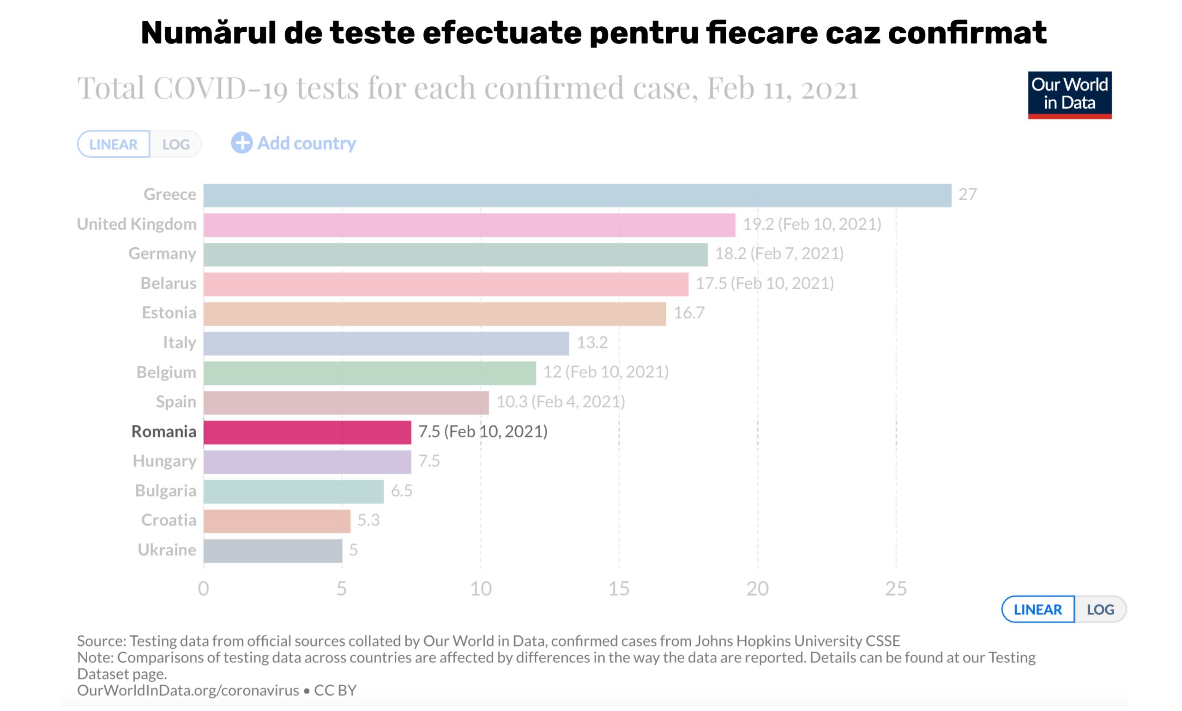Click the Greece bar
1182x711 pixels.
click(x=577, y=196)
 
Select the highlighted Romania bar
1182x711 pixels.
click(x=307, y=432)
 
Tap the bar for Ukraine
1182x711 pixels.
click(x=273, y=550)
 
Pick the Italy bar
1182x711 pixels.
click(x=386, y=344)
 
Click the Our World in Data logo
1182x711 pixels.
click(x=1069, y=95)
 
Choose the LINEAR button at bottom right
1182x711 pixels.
click(x=1038, y=609)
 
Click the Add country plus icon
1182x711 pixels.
click(x=241, y=143)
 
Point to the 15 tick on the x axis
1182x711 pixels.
click(x=619, y=589)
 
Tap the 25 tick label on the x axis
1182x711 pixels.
click(x=896, y=589)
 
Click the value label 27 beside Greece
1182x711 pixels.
click(x=967, y=195)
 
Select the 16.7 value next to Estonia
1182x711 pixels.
click(x=689, y=313)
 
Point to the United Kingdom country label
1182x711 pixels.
click(x=137, y=224)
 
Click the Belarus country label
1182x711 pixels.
click(x=168, y=284)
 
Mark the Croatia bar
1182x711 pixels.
click(x=277, y=521)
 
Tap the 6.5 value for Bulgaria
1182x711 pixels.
click(x=402, y=491)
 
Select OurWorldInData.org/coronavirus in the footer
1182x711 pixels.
click(x=188, y=690)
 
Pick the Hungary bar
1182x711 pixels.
click(x=307, y=462)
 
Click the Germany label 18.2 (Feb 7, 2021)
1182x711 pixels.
click(x=779, y=254)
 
